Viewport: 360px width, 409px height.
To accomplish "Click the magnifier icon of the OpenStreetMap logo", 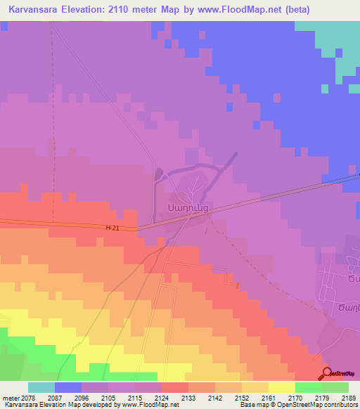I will coord(327,373).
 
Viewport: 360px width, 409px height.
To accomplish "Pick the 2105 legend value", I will coord(108,397).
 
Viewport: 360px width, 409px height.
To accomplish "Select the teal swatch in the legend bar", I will coord(41,387).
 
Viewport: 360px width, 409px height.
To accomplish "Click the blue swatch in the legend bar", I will coord(68,387).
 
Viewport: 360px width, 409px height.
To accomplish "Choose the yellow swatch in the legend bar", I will coord(281,387).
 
